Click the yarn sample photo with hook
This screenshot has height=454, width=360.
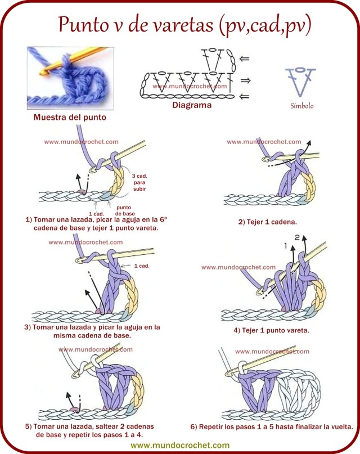pos(70,78)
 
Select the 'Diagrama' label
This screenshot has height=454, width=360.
pos(192,105)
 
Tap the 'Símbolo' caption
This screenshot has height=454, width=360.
pos(302,106)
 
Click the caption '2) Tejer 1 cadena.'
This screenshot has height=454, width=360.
pos(268,222)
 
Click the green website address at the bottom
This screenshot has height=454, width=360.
pos(180,445)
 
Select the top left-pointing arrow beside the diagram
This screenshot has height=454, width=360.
pos(244,59)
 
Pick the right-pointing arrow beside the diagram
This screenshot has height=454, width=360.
pos(245,80)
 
